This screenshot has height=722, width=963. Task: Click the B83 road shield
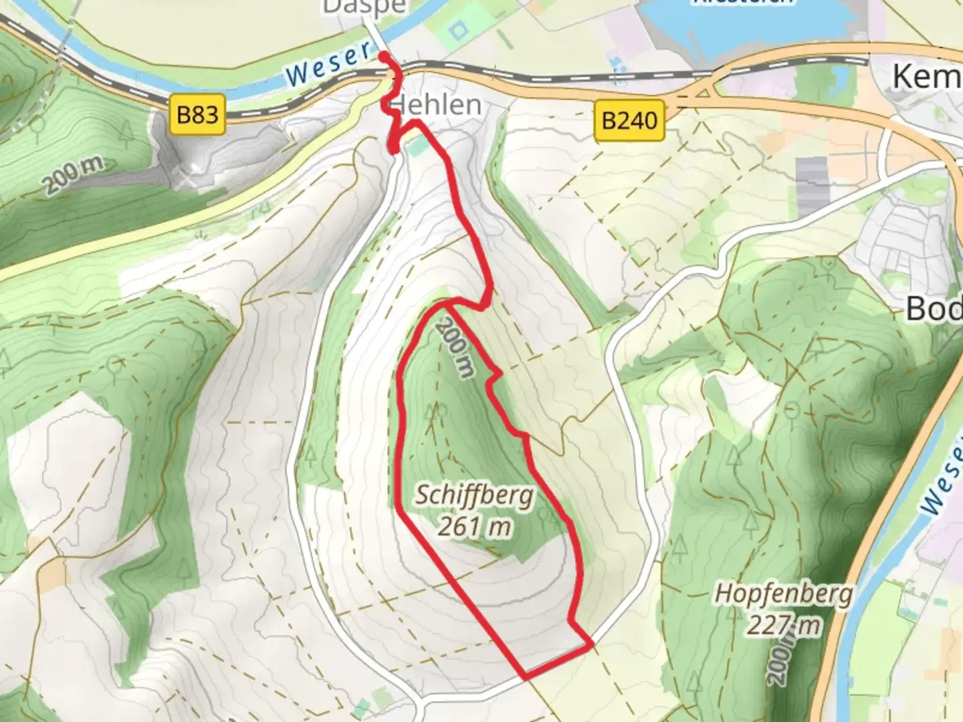197,115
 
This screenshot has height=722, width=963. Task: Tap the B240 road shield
629,120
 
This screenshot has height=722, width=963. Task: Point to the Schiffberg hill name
475,496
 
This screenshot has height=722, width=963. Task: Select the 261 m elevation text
475,527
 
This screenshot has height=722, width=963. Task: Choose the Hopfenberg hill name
784,594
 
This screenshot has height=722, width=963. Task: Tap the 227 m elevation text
784,626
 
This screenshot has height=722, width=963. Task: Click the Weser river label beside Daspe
329,64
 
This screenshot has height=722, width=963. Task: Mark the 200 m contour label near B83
75,174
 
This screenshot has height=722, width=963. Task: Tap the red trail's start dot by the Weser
384,56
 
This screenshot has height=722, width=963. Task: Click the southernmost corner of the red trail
526,677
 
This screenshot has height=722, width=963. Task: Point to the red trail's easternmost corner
592,644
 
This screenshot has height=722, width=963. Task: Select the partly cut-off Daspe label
364,7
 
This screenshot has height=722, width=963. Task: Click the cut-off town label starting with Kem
927,77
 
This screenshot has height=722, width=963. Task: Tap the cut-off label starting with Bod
934,309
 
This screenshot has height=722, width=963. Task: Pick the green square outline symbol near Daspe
457,30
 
